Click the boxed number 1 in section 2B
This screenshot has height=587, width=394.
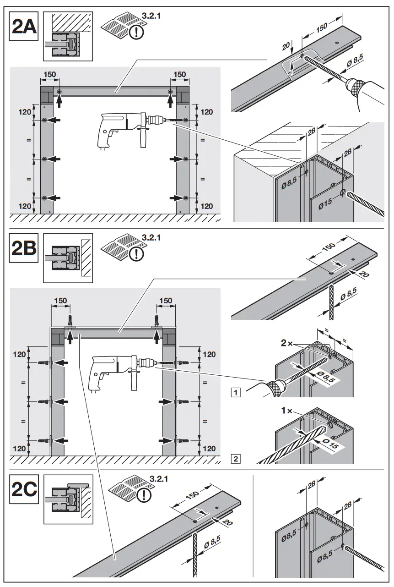point(235,392)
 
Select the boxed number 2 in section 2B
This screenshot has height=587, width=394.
point(235,458)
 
